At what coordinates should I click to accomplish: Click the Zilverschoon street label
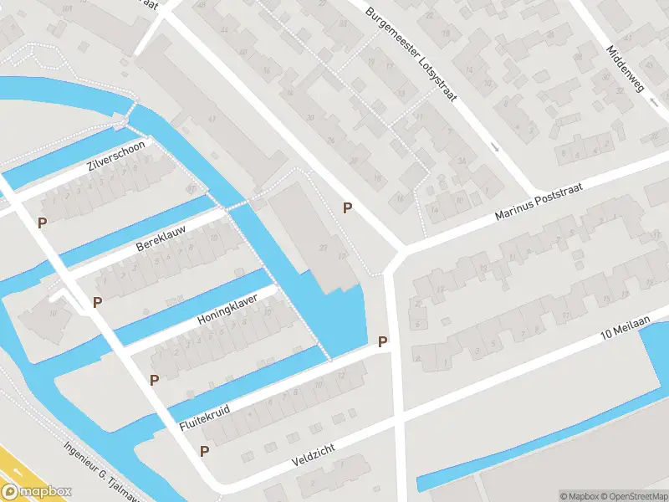pos(116,156)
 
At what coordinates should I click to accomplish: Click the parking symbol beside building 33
pos(347,207)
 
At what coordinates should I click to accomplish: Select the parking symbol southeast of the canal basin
pos(382,341)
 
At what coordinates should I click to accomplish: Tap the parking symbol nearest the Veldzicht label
pos(204,451)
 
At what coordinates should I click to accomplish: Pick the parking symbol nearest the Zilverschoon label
pos(42,223)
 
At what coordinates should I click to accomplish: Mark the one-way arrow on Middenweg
pos(653,103)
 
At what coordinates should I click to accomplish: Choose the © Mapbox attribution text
pos(580,495)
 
